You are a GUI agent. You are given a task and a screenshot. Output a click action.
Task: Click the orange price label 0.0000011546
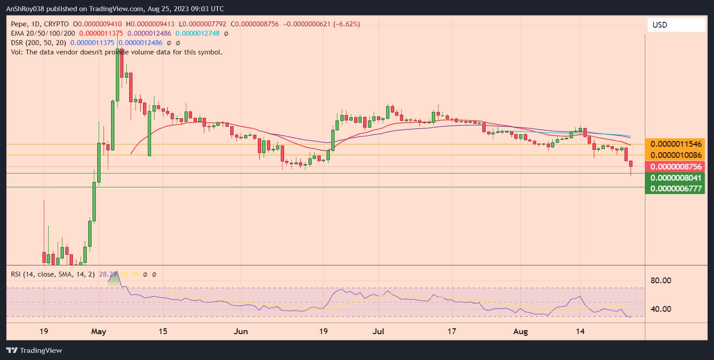[x=676, y=144]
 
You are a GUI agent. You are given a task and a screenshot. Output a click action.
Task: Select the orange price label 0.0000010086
[x=676, y=155]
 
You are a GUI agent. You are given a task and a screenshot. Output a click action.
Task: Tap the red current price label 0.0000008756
[x=676, y=167]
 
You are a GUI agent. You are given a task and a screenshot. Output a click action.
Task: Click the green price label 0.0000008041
[x=676, y=178]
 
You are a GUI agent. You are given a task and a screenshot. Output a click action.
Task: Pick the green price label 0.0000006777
[x=676, y=189]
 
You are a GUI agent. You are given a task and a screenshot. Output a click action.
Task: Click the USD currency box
[x=676, y=25]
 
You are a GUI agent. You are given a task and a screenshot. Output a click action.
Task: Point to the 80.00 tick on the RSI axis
[x=660, y=281]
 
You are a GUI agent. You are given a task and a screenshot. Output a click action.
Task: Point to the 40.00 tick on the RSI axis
[x=660, y=309]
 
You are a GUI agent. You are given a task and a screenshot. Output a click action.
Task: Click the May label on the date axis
[x=99, y=331]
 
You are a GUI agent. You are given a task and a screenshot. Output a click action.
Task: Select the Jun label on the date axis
[x=241, y=331]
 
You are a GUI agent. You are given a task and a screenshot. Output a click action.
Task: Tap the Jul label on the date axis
[x=378, y=331]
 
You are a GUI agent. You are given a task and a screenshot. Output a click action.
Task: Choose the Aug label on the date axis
[x=520, y=331]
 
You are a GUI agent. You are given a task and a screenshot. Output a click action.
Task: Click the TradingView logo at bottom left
[x=34, y=351]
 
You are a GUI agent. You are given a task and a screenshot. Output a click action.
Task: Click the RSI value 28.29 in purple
[x=108, y=274]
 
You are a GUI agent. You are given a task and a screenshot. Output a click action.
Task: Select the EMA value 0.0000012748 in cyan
[x=197, y=33]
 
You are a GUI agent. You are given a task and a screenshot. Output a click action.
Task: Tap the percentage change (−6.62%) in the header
[x=346, y=24]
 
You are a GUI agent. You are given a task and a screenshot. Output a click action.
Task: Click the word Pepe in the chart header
[x=19, y=24]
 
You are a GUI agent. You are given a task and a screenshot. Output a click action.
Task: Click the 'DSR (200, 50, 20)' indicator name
[x=38, y=43]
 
